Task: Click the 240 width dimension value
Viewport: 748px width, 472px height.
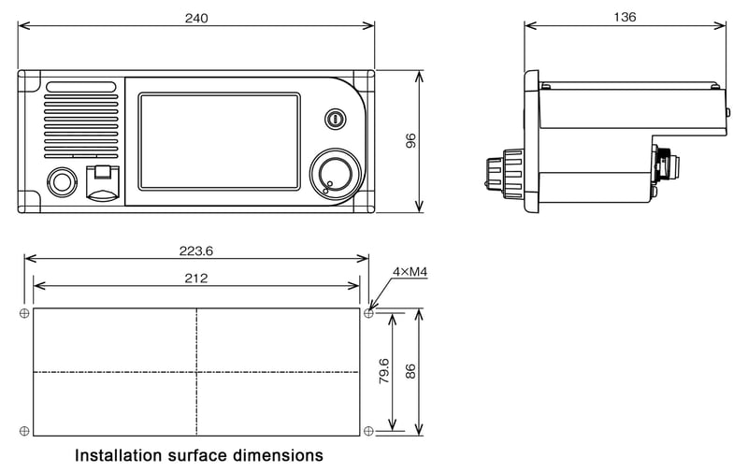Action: pos(196,18)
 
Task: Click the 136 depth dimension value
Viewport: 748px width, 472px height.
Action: pos(625,17)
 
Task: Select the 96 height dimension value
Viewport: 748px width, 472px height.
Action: pos(410,141)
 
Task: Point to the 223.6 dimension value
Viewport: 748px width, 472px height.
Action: pos(195,250)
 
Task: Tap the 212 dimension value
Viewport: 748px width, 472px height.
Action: pos(195,278)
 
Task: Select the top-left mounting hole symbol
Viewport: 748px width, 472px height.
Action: pos(24,312)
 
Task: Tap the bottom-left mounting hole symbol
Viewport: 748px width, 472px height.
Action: pos(24,430)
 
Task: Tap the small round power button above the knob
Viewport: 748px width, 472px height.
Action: pos(335,119)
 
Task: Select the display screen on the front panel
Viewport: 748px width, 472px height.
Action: pos(219,140)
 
